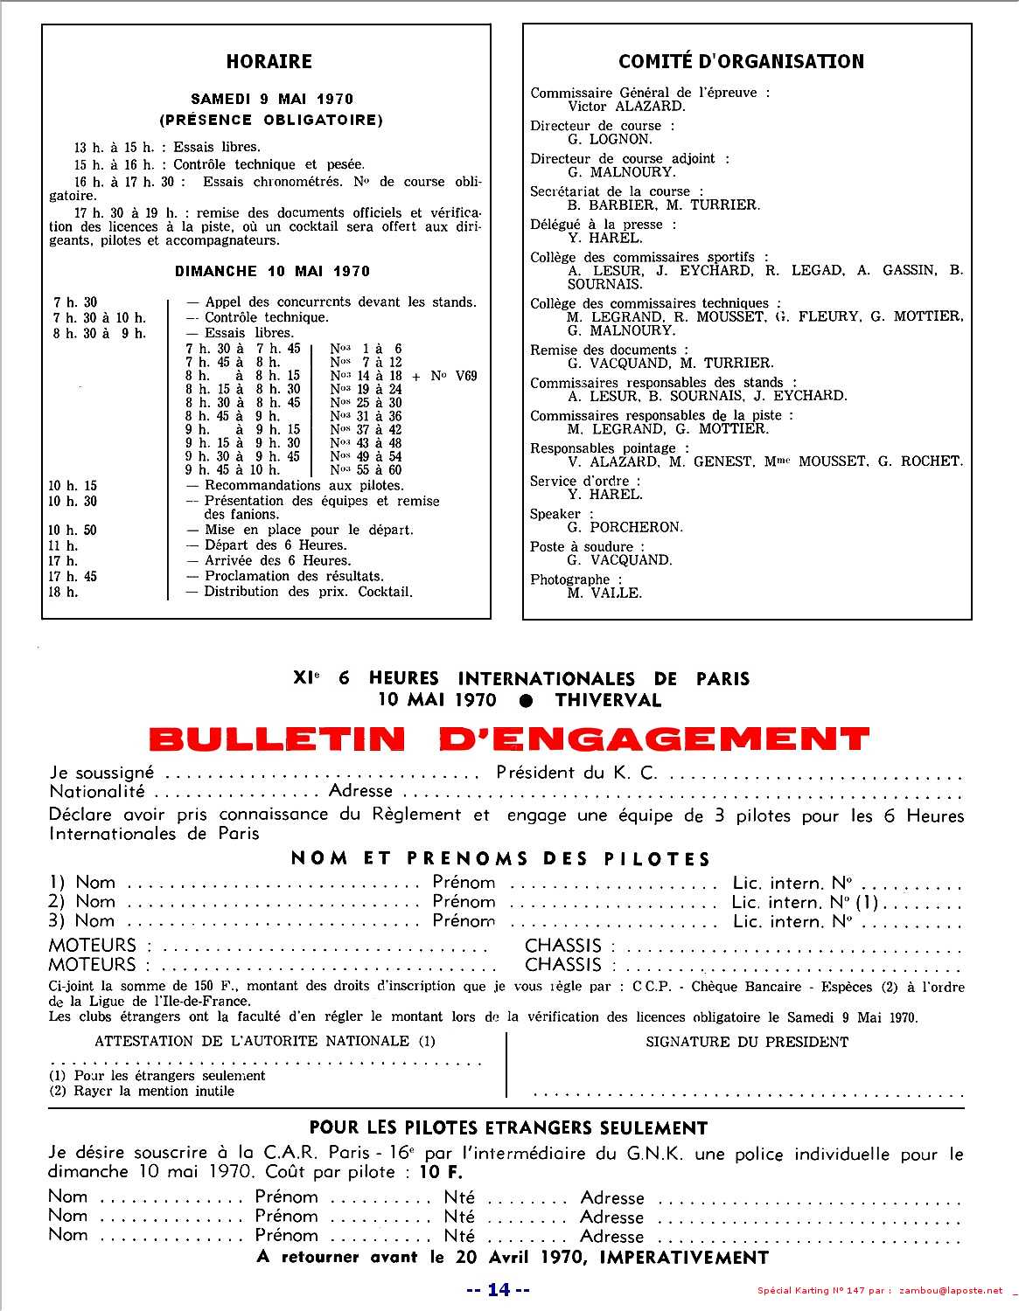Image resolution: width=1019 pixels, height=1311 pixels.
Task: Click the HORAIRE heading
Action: [x=269, y=61]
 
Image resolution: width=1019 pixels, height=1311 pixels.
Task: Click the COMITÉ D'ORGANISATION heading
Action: [x=741, y=61]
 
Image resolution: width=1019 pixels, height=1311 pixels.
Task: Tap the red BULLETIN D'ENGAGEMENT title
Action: [x=509, y=739]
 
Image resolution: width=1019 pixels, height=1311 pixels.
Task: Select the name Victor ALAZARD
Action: [x=626, y=106]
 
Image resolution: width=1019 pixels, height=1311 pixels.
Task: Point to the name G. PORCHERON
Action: [x=625, y=527]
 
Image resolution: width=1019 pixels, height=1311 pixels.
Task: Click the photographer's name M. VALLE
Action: [x=604, y=593]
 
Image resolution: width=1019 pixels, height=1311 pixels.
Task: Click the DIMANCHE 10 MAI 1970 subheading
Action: [x=272, y=271]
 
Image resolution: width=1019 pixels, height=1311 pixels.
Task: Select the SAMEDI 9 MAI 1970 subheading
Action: [x=272, y=99]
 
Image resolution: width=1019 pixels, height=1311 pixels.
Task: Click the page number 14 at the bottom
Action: [x=498, y=1289]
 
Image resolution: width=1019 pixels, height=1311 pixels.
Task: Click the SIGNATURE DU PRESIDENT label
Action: [x=747, y=1042]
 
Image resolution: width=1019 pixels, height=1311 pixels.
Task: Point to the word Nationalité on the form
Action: [x=97, y=792]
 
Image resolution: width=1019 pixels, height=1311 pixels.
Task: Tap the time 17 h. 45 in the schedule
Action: [x=73, y=576]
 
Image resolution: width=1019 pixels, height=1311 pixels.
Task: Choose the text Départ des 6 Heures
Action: [x=276, y=545]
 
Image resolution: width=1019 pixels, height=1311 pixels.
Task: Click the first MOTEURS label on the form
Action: [x=93, y=946]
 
